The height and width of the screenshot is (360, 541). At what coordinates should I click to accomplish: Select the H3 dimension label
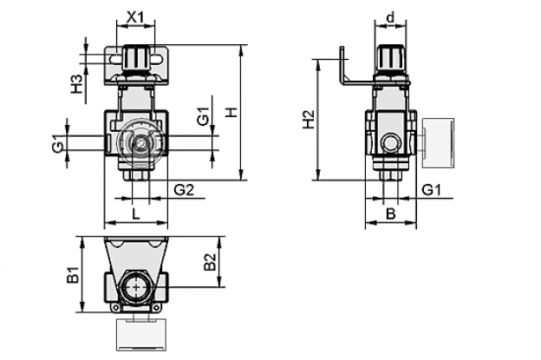[78, 84]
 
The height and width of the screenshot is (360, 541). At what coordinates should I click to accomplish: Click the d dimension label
[390, 17]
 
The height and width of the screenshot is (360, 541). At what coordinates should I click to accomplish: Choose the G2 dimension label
[185, 190]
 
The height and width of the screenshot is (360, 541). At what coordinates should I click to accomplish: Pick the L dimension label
[136, 214]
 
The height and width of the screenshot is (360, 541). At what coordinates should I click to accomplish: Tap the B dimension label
[390, 214]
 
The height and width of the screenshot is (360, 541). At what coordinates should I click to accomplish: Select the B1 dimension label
[73, 275]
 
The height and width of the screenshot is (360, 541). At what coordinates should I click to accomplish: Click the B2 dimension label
[210, 262]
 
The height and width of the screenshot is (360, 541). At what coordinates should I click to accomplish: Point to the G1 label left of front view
[58, 144]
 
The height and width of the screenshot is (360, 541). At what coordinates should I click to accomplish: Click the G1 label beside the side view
[432, 190]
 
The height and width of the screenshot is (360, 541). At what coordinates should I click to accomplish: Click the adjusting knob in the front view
[136, 58]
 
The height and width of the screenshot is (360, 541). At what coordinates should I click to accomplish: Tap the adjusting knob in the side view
[391, 58]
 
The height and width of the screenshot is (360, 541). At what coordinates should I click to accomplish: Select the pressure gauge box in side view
[438, 143]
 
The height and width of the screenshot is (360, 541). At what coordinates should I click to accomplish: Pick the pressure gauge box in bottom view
[142, 335]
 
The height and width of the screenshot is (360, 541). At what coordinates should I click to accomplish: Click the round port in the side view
[391, 143]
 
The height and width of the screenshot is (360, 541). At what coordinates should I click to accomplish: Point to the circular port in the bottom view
[137, 287]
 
